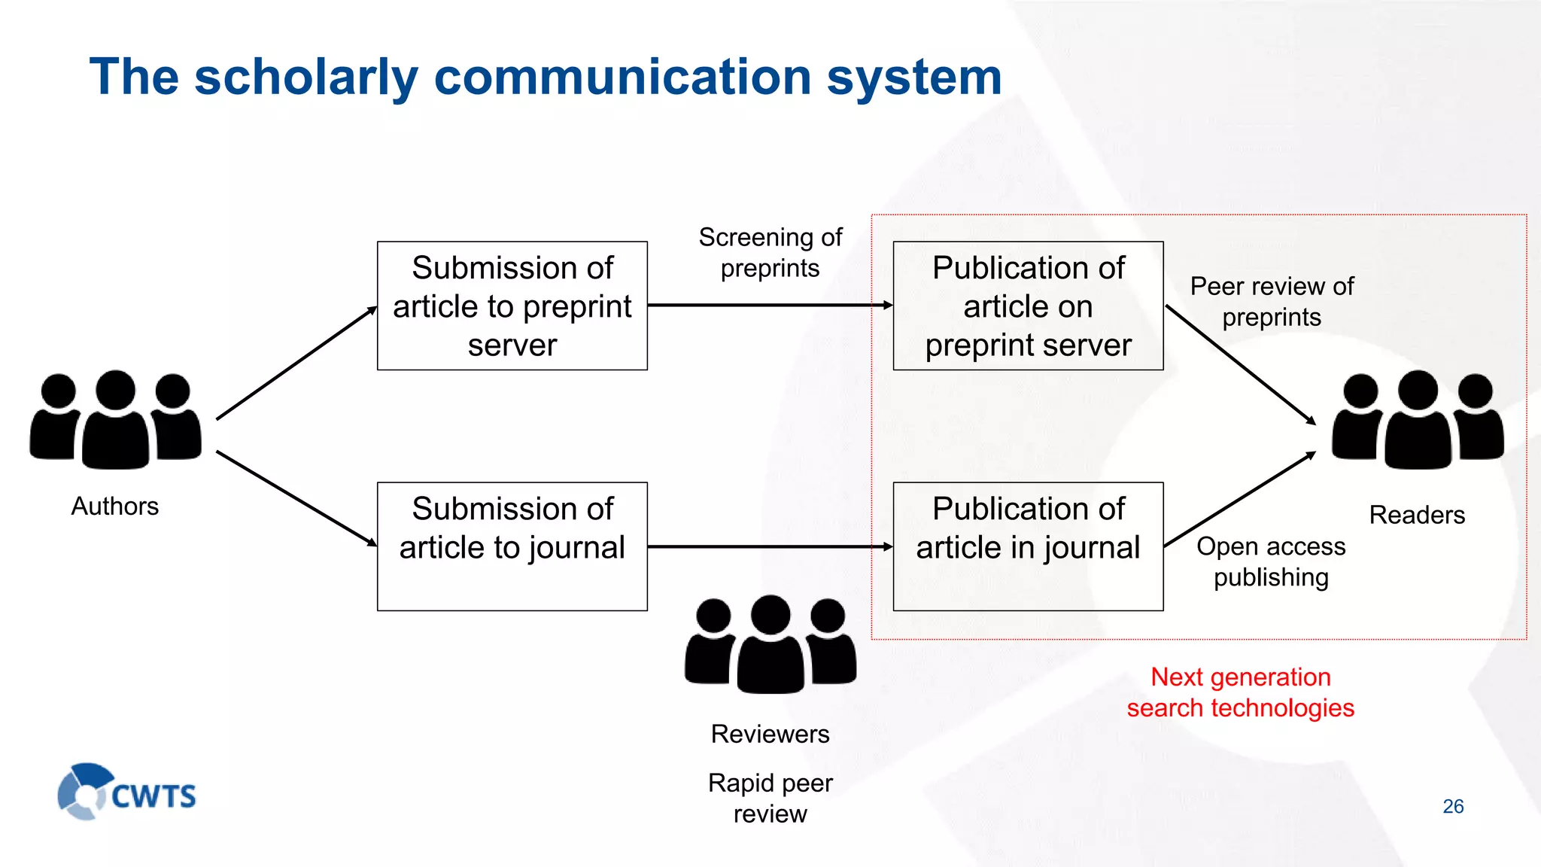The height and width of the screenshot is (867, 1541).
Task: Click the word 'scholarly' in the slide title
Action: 305,78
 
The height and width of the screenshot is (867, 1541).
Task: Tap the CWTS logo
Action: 126,792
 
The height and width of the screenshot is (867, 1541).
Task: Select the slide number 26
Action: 1453,806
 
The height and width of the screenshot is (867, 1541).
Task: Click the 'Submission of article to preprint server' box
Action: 512,306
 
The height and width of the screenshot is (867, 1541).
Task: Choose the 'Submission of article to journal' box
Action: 512,546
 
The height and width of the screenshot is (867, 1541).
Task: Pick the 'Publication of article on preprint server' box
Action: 1028,306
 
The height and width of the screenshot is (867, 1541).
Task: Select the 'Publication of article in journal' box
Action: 1028,546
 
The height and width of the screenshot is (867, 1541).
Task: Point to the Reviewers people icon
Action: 770,644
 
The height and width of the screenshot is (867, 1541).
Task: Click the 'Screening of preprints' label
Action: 770,253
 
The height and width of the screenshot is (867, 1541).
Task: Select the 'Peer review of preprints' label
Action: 1272,302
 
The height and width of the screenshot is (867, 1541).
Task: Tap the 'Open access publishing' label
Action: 1271,561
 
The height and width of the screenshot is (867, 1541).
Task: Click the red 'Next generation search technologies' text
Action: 1241,692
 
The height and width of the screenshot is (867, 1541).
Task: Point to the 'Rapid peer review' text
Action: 770,799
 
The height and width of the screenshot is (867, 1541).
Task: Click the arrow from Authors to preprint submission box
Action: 296,363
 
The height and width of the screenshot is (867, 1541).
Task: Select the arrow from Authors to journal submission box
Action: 296,498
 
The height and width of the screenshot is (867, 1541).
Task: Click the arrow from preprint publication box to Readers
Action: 1240,364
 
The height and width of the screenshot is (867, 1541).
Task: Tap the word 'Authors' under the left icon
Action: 115,507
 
